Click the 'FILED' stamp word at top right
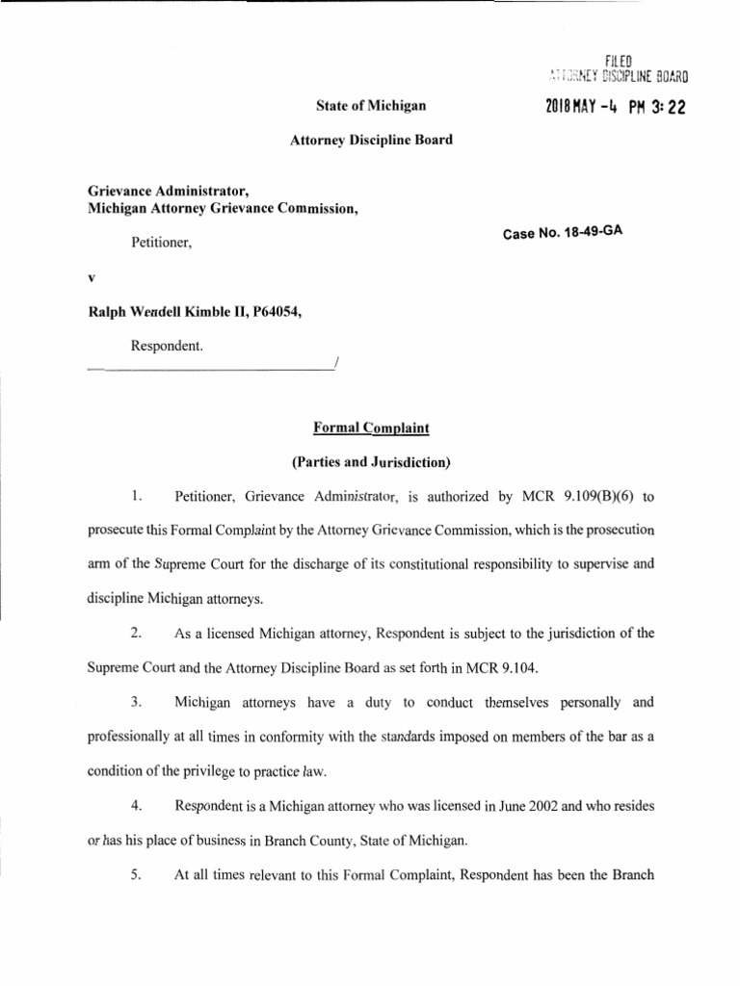click(618, 63)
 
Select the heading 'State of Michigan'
click(371, 104)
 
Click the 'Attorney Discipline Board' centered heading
click(371, 140)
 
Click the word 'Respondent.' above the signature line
click(167, 344)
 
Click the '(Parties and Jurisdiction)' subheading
click(371, 461)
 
